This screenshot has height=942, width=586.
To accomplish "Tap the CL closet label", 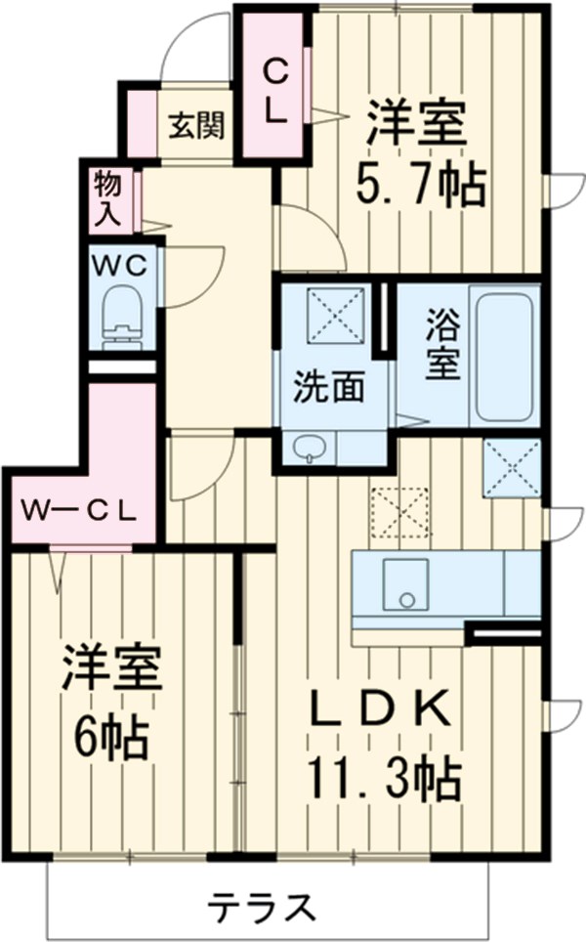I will pos(276,89).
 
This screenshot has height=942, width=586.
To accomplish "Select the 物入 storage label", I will pos(106,198).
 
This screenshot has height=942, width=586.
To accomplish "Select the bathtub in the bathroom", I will pos(504,354).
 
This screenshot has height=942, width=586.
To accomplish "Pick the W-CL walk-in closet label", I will pos(80,510).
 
